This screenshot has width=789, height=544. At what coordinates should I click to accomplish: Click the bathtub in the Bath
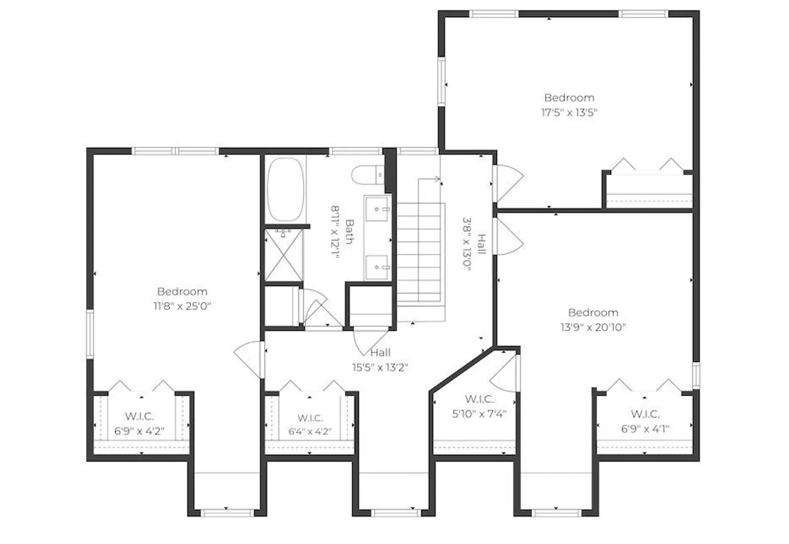pos(285,189)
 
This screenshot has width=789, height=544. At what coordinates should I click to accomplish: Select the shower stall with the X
pos(284,255)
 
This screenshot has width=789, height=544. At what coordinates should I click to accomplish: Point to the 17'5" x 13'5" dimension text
pos(569,113)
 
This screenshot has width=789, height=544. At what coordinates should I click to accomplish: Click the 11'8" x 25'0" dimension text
pos(182,306)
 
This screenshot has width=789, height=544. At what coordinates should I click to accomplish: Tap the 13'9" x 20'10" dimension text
pos(593,327)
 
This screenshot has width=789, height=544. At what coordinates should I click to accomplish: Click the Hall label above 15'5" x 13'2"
pos(380,353)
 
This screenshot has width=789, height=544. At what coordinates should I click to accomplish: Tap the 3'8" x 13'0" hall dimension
pos(467,244)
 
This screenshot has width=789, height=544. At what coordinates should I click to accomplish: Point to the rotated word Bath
pos(349,232)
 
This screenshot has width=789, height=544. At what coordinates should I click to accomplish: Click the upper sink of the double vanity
pos(377,209)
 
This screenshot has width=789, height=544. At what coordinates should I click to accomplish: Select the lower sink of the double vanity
pos(377,267)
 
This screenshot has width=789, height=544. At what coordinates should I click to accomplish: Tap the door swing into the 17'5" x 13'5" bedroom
pos(509,183)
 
